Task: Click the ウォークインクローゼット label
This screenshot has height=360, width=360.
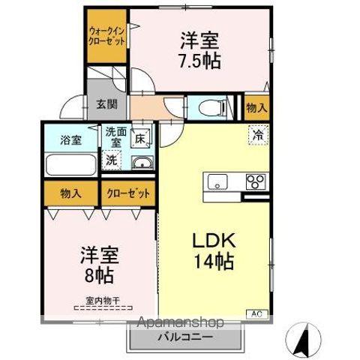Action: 106,35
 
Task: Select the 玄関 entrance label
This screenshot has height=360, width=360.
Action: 106,104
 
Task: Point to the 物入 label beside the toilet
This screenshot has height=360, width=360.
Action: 256,108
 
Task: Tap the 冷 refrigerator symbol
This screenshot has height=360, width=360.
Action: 258,136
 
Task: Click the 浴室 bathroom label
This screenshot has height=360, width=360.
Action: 61,139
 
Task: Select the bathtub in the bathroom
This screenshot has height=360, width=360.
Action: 69,163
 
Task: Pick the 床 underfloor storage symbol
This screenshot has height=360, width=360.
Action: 139,137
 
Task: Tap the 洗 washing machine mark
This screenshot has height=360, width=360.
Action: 112,159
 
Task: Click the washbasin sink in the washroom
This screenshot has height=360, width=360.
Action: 140,163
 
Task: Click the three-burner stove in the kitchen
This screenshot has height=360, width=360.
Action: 255,181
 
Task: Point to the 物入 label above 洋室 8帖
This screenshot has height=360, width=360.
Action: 71,193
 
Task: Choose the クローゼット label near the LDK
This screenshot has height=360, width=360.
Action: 127,193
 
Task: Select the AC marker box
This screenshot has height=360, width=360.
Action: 255,313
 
